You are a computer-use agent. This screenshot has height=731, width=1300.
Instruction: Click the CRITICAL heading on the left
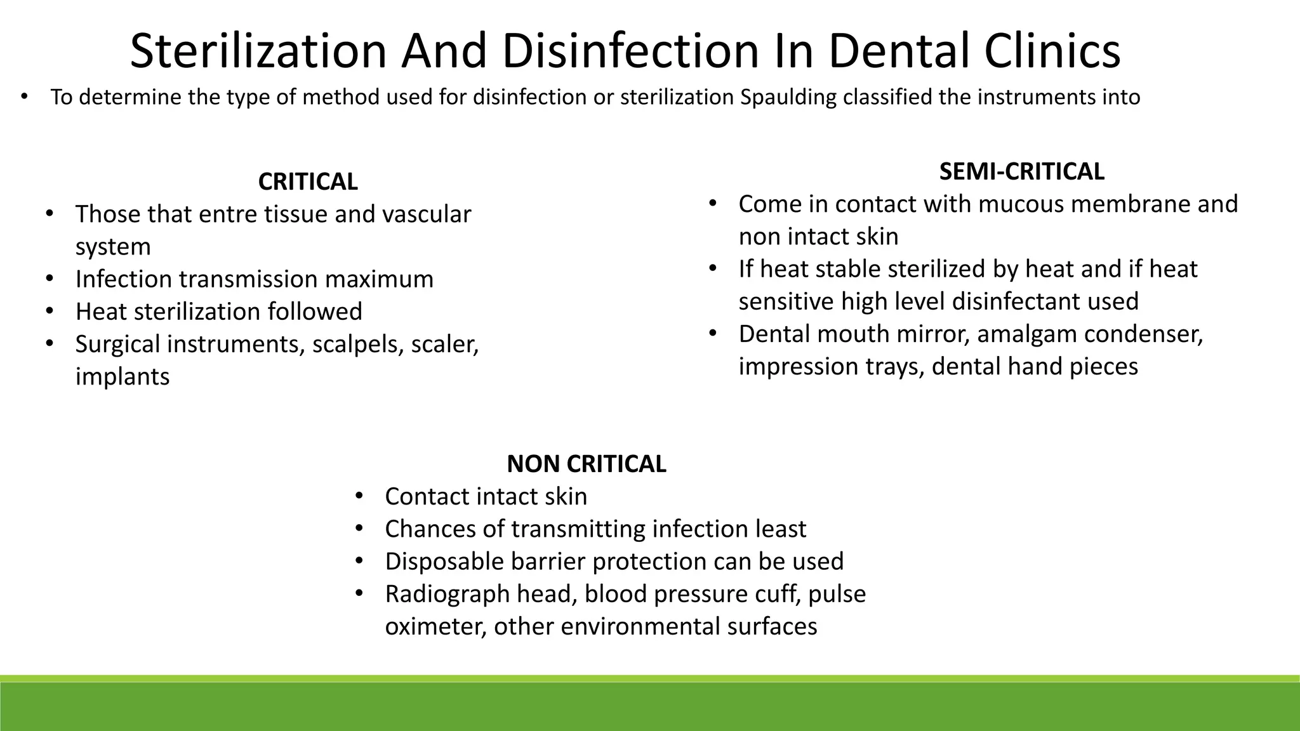[308, 182]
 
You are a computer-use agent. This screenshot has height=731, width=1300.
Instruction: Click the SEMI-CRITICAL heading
[1021, 172]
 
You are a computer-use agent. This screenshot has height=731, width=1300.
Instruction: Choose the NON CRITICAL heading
[586, 464]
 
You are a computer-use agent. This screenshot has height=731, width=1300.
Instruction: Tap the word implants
[123, 377]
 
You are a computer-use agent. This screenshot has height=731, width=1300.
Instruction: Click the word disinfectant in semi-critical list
[1014, 301]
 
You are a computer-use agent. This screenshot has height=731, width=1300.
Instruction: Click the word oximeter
[435, 627]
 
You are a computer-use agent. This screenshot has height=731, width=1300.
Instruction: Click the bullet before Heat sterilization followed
[50, 312]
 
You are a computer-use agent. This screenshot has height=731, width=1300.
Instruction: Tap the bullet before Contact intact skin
[359, 496]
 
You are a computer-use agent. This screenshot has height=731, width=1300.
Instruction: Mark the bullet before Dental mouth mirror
[713, 333]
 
